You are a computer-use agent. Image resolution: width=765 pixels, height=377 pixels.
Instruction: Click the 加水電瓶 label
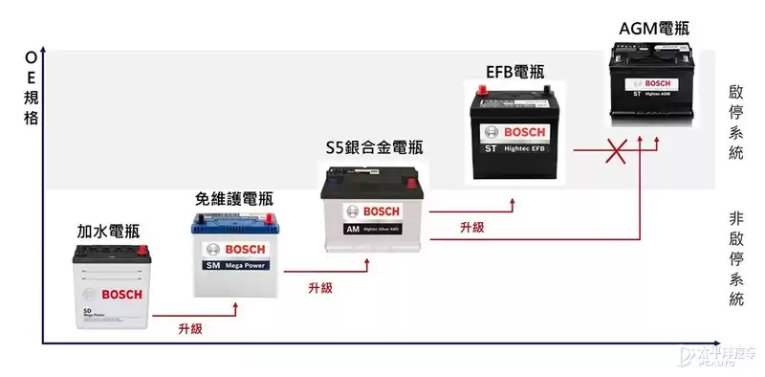[x=108, y=231]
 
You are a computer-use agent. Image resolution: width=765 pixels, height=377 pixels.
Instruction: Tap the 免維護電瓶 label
[x=234, y=199]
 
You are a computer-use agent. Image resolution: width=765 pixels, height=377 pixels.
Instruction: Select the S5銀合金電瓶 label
[x=374, y=147]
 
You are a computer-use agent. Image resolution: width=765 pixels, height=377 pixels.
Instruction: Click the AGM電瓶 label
[x=654, y=29]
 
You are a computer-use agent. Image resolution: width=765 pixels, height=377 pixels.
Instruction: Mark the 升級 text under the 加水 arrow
[x=190, y=328]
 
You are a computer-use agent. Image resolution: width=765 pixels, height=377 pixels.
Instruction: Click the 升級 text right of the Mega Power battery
[x=320, y=287]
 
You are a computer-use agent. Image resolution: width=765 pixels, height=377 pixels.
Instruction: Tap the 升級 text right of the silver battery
[x=471, y=227]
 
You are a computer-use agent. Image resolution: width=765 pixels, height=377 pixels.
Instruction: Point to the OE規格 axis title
[x=32, y=88]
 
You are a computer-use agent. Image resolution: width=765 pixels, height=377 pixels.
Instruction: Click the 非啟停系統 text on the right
[x=735, y=258]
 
